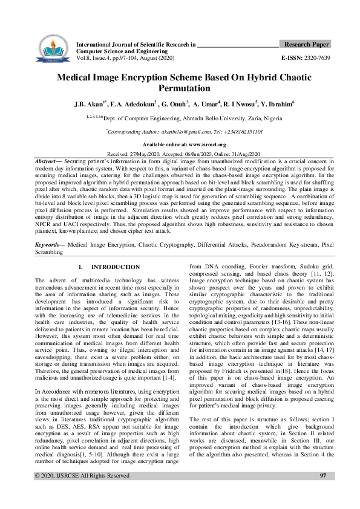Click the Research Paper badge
click(306, 45)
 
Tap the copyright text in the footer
click(82, 493)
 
